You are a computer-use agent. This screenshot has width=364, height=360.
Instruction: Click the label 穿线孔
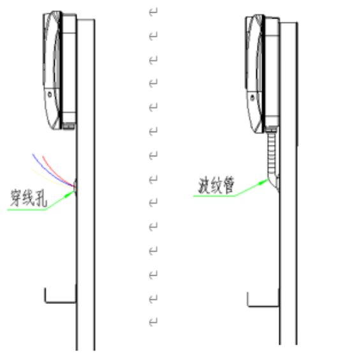pos(29,198)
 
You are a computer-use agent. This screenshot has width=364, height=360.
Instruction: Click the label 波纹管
pos(216,185)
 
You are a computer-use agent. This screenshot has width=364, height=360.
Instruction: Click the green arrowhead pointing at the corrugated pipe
pos(264,182)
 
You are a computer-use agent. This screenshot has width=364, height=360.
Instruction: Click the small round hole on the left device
pos(50,94)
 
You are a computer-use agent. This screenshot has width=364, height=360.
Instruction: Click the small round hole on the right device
pos(252,98)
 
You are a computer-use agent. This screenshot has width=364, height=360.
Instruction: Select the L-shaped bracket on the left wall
pos(60,302)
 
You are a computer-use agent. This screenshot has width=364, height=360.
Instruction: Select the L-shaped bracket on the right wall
pos(263,306)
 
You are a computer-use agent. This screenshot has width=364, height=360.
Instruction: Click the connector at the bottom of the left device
pos(69,126)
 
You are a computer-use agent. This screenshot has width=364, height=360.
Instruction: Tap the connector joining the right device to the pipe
pos(272,129)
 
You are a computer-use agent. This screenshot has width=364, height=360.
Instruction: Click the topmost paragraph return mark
pos(153,11)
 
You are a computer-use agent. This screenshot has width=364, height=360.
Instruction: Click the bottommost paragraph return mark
pos(153,322)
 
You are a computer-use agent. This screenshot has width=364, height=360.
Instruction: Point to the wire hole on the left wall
pos(75,186)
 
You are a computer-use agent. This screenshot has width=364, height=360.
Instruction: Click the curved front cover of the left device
pos(52,70)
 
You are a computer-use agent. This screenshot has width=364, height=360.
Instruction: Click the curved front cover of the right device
pos(254,74)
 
